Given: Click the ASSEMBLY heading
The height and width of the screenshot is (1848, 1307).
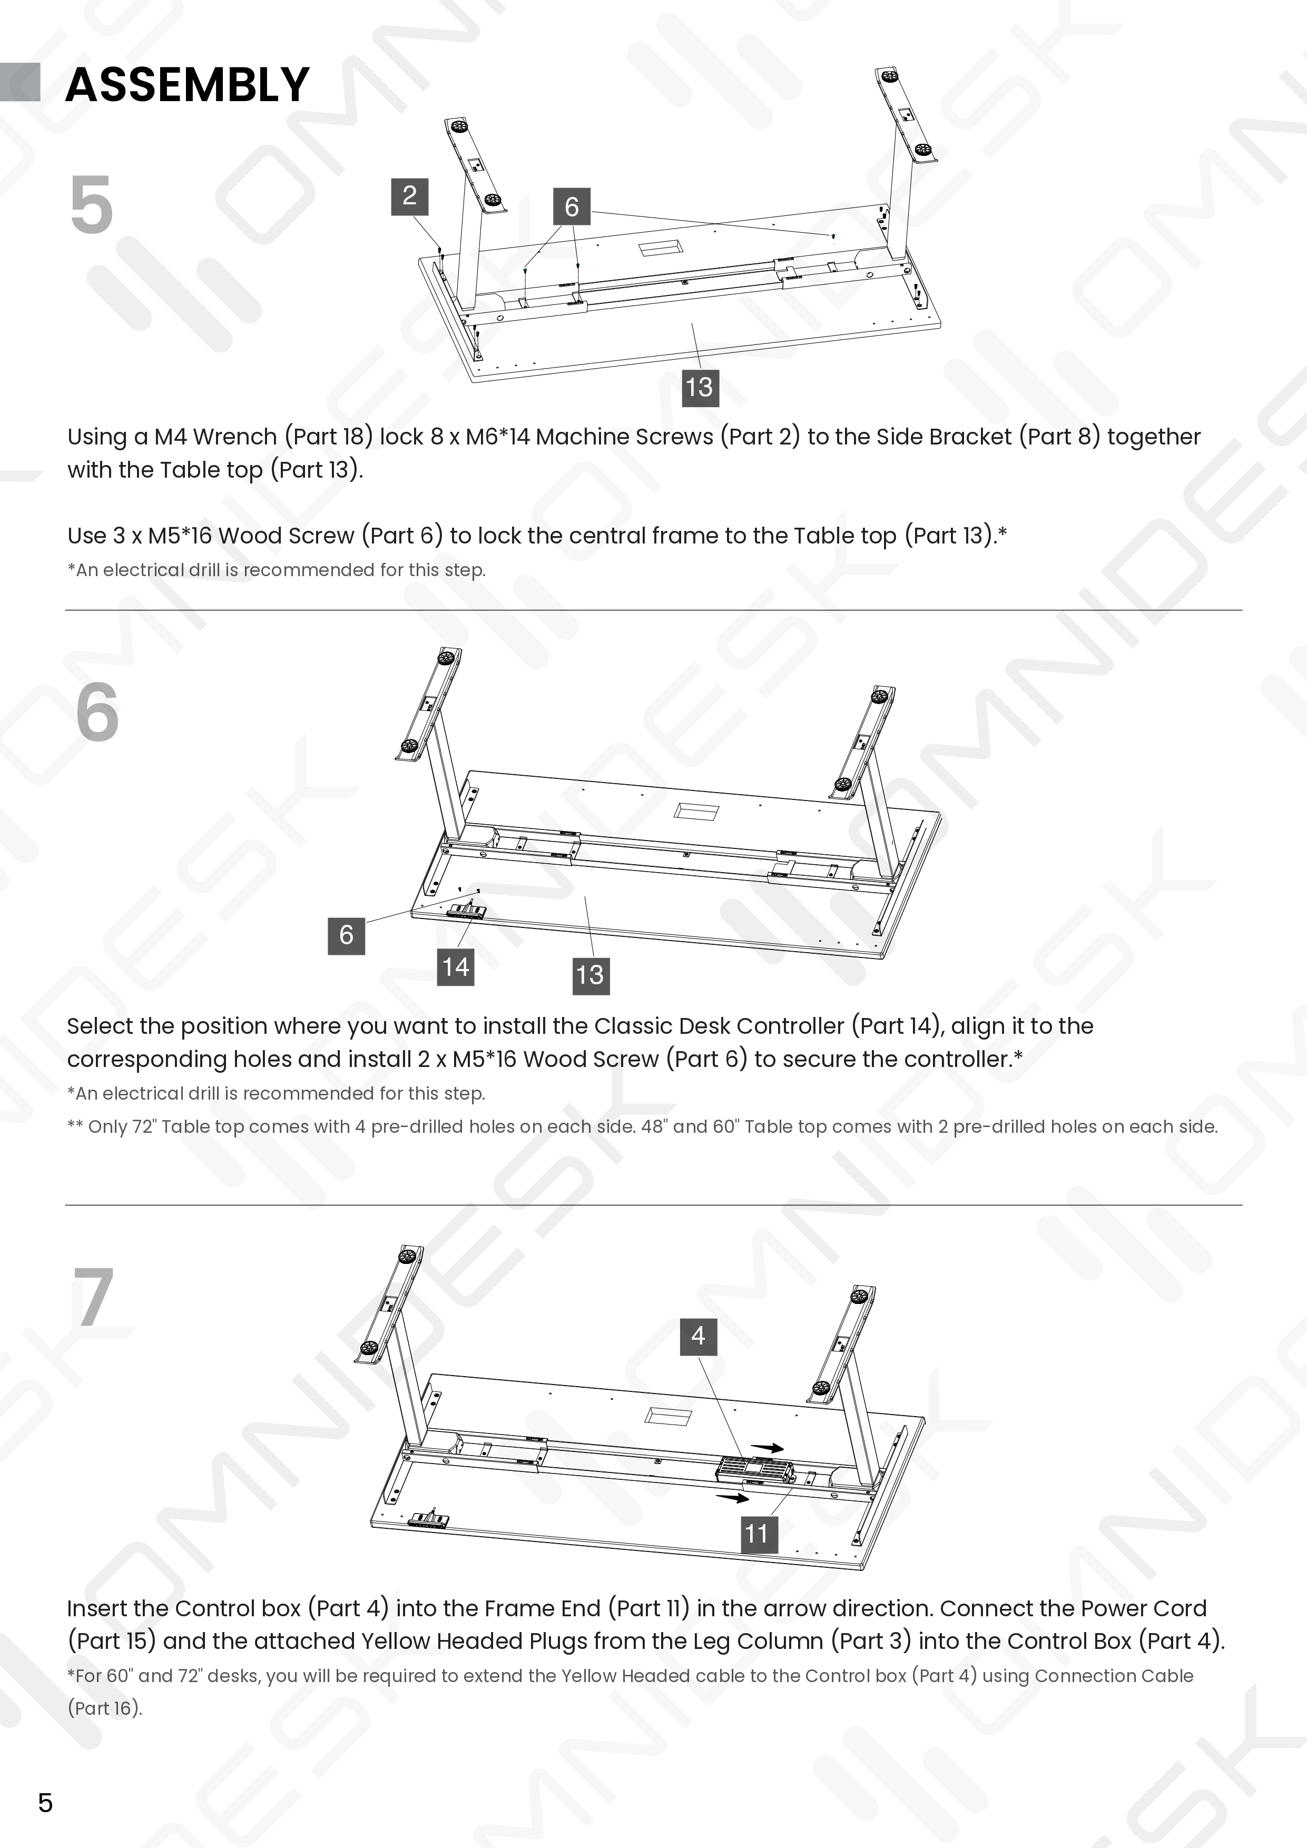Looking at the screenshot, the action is pyautogui.click(x=187, y=84).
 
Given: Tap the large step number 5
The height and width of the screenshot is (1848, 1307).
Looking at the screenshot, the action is pyautogui.click(x=92, y=205).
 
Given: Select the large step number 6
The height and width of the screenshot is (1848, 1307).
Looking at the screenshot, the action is pyautogui.click(x=97, y=713).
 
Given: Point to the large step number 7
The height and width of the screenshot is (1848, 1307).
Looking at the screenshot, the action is pyautogui.click(x=94, y=1298).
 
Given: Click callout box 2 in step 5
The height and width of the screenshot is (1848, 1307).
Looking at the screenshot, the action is pyautogui.click(x=409, y=197).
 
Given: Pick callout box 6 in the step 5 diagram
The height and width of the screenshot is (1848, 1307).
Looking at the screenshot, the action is pyautogui.click(x=572, y=207).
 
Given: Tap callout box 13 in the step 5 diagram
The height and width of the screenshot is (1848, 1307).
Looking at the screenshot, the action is pyautogui.click(x=700, y=387).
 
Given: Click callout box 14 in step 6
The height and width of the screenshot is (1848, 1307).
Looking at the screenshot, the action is pyautogui.click(x=456, y=967).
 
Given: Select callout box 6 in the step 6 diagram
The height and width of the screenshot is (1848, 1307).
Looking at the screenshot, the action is pyautogui.click(x=346, y=935).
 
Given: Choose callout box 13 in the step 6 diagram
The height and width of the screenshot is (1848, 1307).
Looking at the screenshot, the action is pyautogui.click(x=591, y=975).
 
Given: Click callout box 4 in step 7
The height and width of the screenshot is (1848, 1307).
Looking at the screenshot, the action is pyautogui.click(x=698, y=1336).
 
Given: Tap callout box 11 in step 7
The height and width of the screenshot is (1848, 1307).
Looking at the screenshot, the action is pyautogui.click(x=757, y=1533).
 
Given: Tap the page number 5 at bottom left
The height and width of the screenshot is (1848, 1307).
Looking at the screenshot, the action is pyautogui.click(x=45, y=1802).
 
